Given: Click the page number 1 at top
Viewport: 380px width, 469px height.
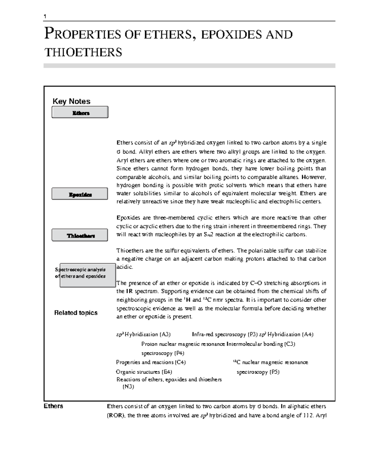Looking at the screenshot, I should [45, 16].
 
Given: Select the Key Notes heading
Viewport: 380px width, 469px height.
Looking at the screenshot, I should [71, 101].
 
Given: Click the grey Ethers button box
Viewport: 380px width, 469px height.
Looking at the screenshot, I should [80, 112].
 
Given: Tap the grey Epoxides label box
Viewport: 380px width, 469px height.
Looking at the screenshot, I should [80, 194].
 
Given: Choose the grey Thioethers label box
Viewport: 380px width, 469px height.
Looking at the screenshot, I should [80, 235].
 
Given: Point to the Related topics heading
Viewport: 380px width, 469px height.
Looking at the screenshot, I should [76, 313].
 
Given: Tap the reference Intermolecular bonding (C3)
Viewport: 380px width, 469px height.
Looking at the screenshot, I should [261, 344].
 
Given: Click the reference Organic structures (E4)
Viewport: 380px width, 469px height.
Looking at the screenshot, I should [144, 372].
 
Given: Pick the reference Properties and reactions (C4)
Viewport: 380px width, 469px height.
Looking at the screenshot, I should [151, 362].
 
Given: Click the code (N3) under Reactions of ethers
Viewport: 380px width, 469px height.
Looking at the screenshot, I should [128, 387].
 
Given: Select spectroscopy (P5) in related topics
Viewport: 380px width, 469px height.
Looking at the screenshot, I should [258, 372].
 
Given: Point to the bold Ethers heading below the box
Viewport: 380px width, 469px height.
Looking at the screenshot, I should [53, 406].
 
